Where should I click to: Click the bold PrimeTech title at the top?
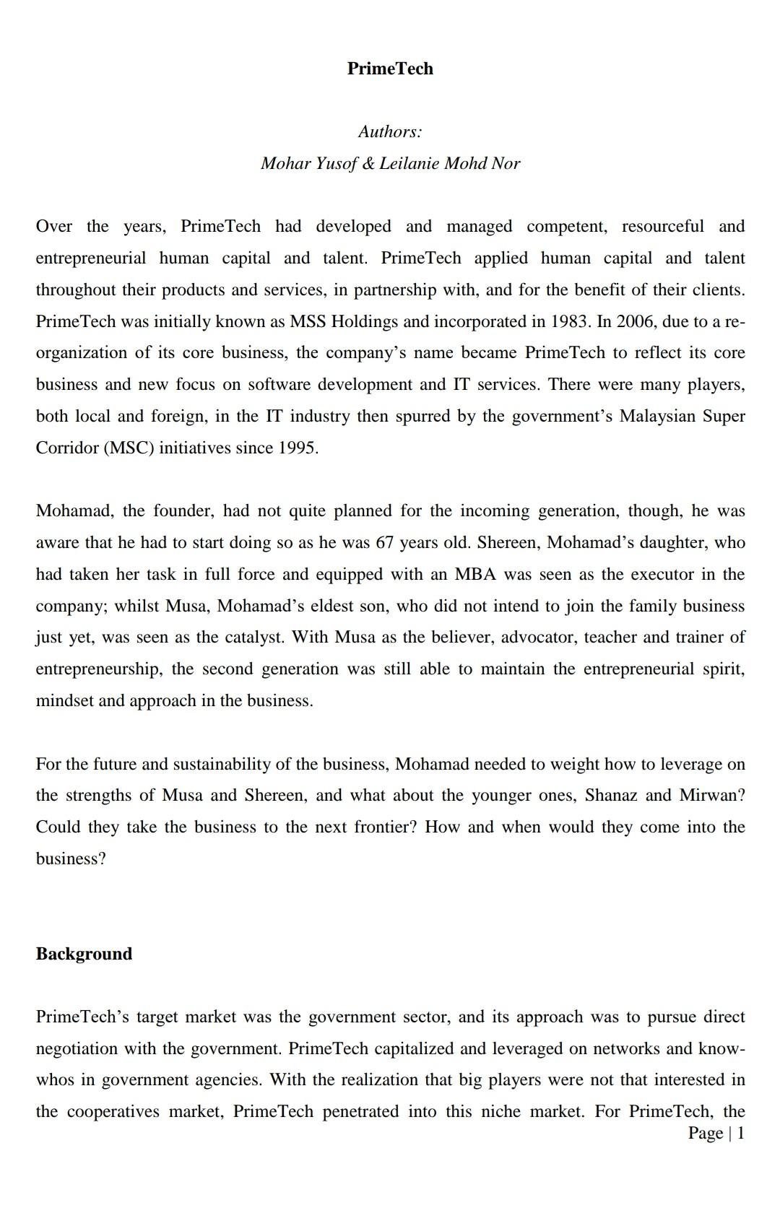coord(390,69)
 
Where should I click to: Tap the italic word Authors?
coord(390,131)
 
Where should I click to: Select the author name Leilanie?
coord(409,163)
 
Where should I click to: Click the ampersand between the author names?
coord(368,163)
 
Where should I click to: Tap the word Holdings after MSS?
coord(365,321)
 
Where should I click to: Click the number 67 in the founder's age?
coord(385,542)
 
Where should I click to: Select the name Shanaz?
coord(610,795)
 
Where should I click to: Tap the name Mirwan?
coord(712,795)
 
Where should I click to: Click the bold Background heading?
coord(84,954)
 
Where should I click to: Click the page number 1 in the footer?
coord(740,1133)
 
